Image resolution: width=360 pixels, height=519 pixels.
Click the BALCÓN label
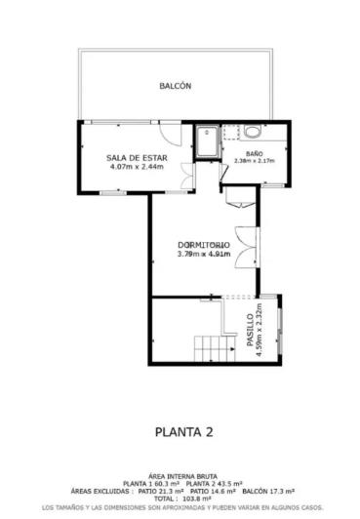(x=176, y=86)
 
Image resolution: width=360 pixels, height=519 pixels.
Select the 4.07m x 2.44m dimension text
(x=137, y=166)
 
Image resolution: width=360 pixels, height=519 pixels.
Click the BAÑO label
(x=254, y=154)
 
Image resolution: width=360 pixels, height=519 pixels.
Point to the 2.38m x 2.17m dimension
(x=254, y=161)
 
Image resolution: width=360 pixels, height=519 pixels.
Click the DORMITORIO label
(x=203, y=244)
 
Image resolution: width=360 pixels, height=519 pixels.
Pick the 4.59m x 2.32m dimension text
(x=259, y=332)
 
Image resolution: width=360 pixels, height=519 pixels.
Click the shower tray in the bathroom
(x=209, y=142)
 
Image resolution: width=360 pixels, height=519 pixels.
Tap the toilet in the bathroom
(x=253, y=133)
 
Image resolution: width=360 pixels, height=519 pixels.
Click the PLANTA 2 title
(x=183, y=429)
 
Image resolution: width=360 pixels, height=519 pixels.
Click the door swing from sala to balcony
(x=186, y=130)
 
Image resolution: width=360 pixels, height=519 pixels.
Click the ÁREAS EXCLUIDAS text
(x=99, y=490)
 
